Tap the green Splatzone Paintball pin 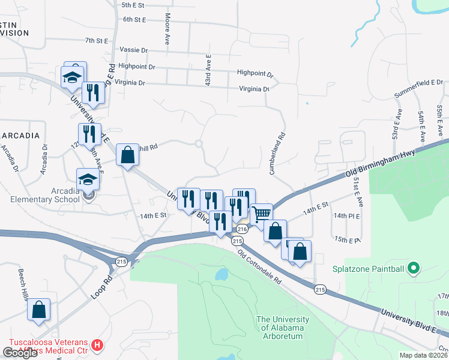pyautogui.click(x=412, y=268)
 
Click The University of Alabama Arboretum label pyautogui.click(x=282, y=323)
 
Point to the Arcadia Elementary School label pyautogui.click(x=40, y=196)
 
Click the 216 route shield pyautogui.click(x=242, y=229)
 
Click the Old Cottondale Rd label pyautogui.click(x=259, y=267)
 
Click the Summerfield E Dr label pyautogui.click(x=418, y=89)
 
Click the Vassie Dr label pyautogui.click(x=133, y=50)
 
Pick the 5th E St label pyautogui.click(x=133, y=5)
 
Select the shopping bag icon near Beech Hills pyautogui.click(x=39, y=310)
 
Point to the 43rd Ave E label pyautogui.click(x=208, y=69)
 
